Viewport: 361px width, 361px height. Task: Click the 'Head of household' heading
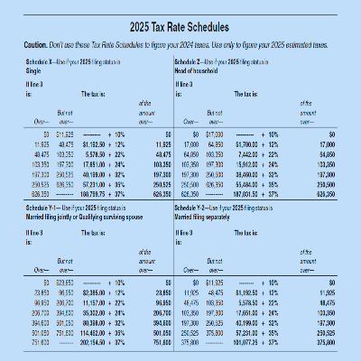coord(199,68)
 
